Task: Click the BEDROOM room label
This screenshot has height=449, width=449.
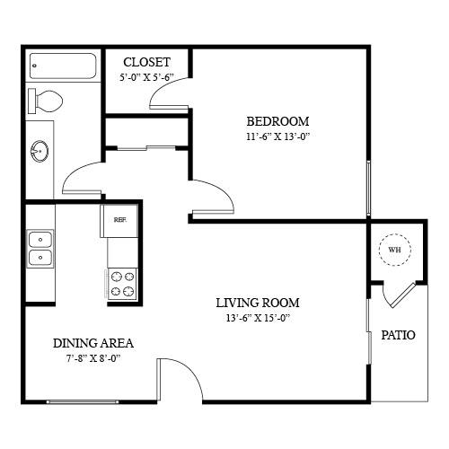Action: (x=277, y=121)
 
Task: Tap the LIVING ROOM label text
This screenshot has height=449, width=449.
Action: (x=258, y=303)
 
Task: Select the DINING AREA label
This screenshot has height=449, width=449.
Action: (x=93, y=343)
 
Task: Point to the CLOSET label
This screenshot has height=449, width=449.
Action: (x=146, y=62)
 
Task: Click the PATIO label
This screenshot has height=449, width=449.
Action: (x=398, y=335)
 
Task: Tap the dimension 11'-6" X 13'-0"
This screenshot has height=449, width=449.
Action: (x=277, y=136)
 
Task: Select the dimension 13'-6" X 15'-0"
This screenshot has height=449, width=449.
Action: (x=259, y=318)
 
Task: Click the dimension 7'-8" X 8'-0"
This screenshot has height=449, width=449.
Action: (x=93, y=358)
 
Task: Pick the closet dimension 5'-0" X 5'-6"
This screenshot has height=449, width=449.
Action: (x=146, y=77)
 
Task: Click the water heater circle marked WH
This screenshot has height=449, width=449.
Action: (x=395, y=250)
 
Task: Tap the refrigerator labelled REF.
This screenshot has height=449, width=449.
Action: (x=119, y=220)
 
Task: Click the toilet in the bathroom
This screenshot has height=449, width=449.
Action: (x=45, y=101)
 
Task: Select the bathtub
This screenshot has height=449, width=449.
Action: (x=63, y=66)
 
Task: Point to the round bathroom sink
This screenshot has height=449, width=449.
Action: (x=40, y=151)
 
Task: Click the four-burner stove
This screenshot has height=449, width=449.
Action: (x=122, y=284)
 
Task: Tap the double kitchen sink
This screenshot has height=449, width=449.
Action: (x=40, y=249)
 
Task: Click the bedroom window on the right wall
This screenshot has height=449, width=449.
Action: (x=368, y=189)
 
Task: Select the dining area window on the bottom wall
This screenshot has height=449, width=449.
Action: (x=83, y=402)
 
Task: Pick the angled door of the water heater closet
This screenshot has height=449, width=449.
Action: (x=403, y=295)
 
